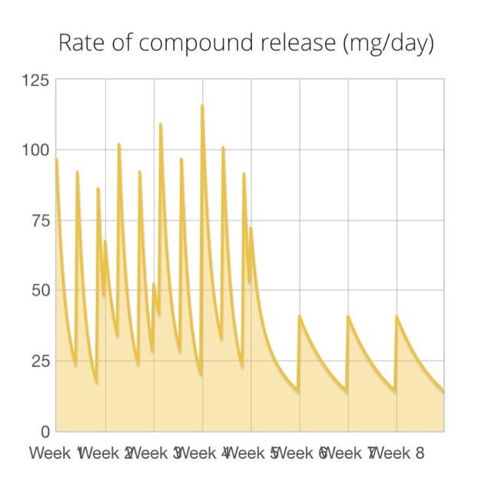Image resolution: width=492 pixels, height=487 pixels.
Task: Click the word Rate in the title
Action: pos(80,43)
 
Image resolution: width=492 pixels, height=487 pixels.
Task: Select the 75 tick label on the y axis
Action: pos(40,220)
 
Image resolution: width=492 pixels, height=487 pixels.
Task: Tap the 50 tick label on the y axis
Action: pos(40,290)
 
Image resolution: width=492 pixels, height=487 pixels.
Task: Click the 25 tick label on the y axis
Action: pos(40,361)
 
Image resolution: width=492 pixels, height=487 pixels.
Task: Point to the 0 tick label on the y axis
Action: pos(45,431)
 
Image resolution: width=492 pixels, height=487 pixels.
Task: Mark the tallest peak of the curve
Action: pos(202,105)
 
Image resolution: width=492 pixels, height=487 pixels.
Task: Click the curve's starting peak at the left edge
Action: pos(57,158)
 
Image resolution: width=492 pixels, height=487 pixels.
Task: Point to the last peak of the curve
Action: pos(397,316)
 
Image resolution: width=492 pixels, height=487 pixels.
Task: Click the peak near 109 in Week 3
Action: pos(161,124)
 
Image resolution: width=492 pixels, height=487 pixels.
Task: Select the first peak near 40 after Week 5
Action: pos(300,316)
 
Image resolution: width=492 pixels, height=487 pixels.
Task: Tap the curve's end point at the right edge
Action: pos(444,392)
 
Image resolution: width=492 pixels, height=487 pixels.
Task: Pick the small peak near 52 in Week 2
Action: pos(154,284)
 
